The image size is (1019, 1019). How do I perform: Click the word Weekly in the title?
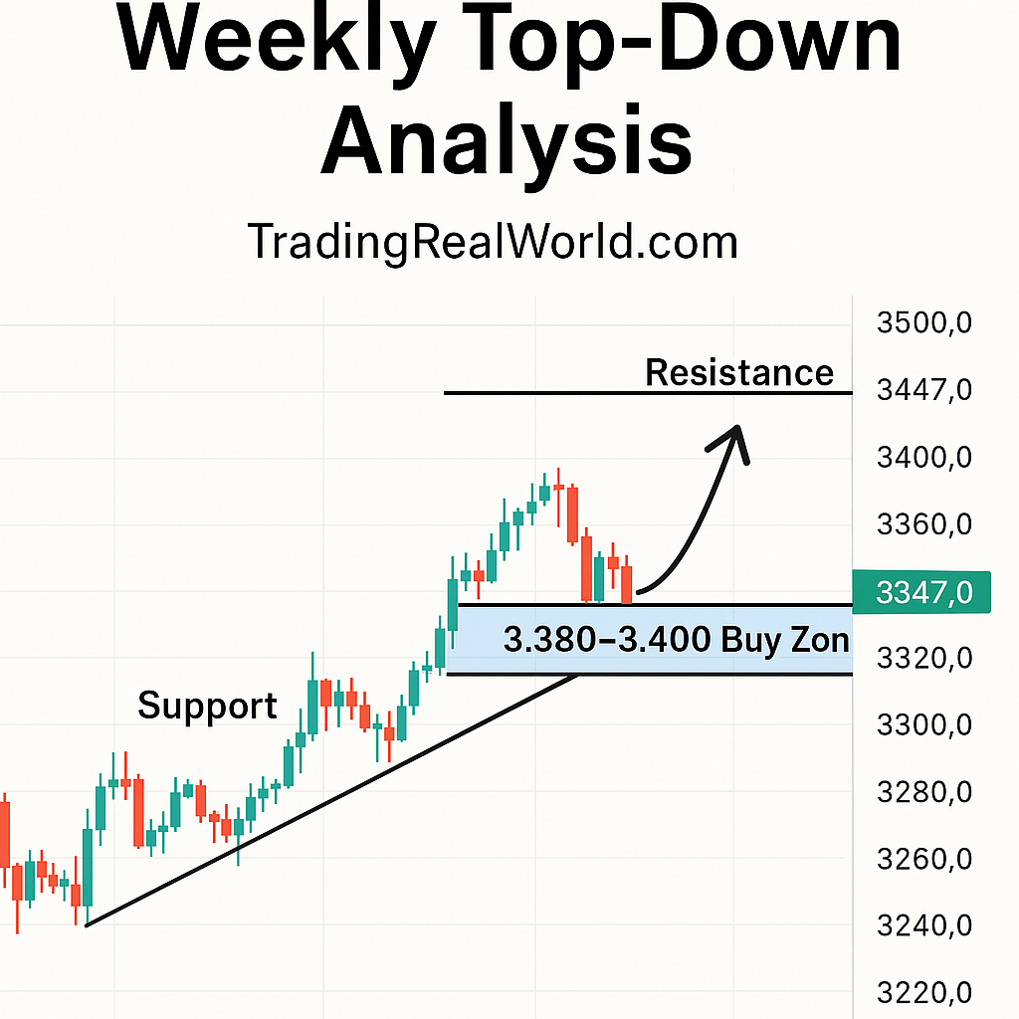pyautogui.click(x=276, y=40)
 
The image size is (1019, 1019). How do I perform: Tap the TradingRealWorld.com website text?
pyautogui.click(x=493, y=242)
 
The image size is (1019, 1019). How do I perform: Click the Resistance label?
pyautogui.click(x=739, y=372)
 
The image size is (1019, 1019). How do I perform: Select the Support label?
pyautogui.click(x=207, y=706)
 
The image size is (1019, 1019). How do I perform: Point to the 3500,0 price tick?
pyautogui.click(x=924, y=323)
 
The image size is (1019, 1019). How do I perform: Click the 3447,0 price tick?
pyautogui.click(x=924, y=390)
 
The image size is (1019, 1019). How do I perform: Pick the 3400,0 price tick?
pyautogui.click(x=924, y=458)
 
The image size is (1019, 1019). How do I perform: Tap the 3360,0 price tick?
pyautogui.click(x=924, y=524)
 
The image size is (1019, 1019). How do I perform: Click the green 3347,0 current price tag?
pyautogui.click(x=921, y=592)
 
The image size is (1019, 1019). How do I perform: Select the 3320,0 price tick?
pyautogui.click(x=924, y=659)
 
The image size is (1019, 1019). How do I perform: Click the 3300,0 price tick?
pyautogui.click(x=924, y=725)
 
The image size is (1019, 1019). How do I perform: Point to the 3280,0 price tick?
pyautogui.click(x=924, y=793)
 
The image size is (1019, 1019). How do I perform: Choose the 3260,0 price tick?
pyautogui.click(x=924, y=860)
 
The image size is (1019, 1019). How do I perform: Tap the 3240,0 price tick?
pyautogui.click(x=924, y=926)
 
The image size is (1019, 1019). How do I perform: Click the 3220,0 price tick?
pyautogui.click(x=924, y=993)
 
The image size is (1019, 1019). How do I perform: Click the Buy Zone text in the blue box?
pyautogui.click(x=677, y=639)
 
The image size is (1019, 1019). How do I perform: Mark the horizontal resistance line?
pyautogui.click(x=647, y=393)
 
